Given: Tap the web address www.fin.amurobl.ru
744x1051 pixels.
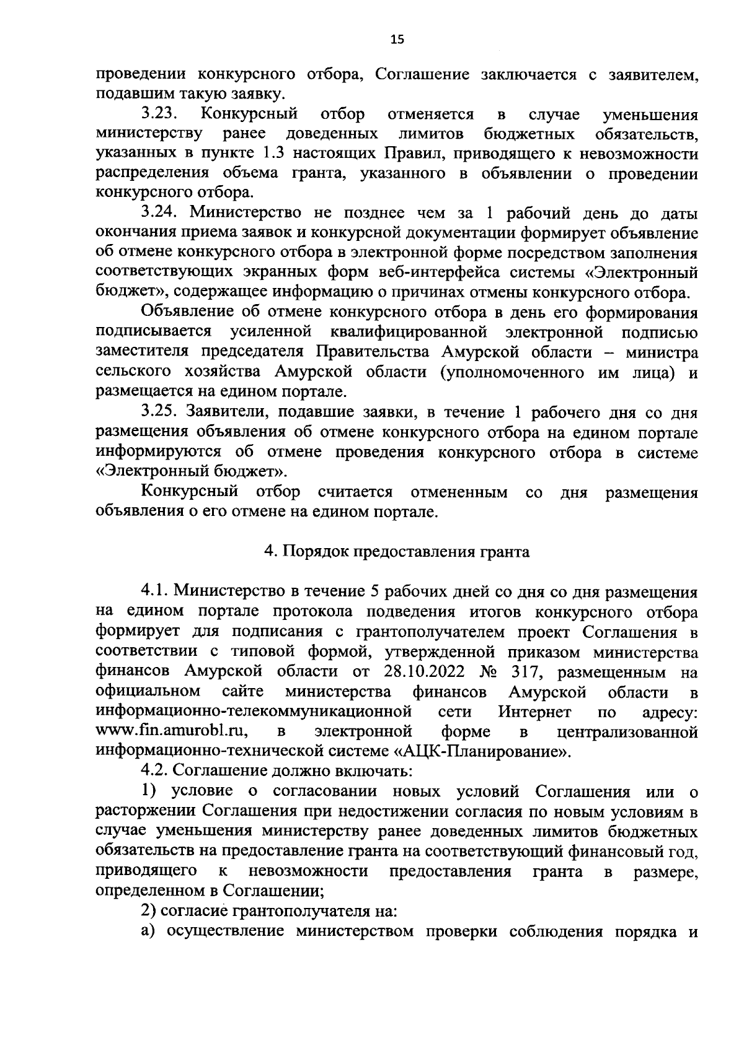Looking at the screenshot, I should [x=173, y=731].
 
